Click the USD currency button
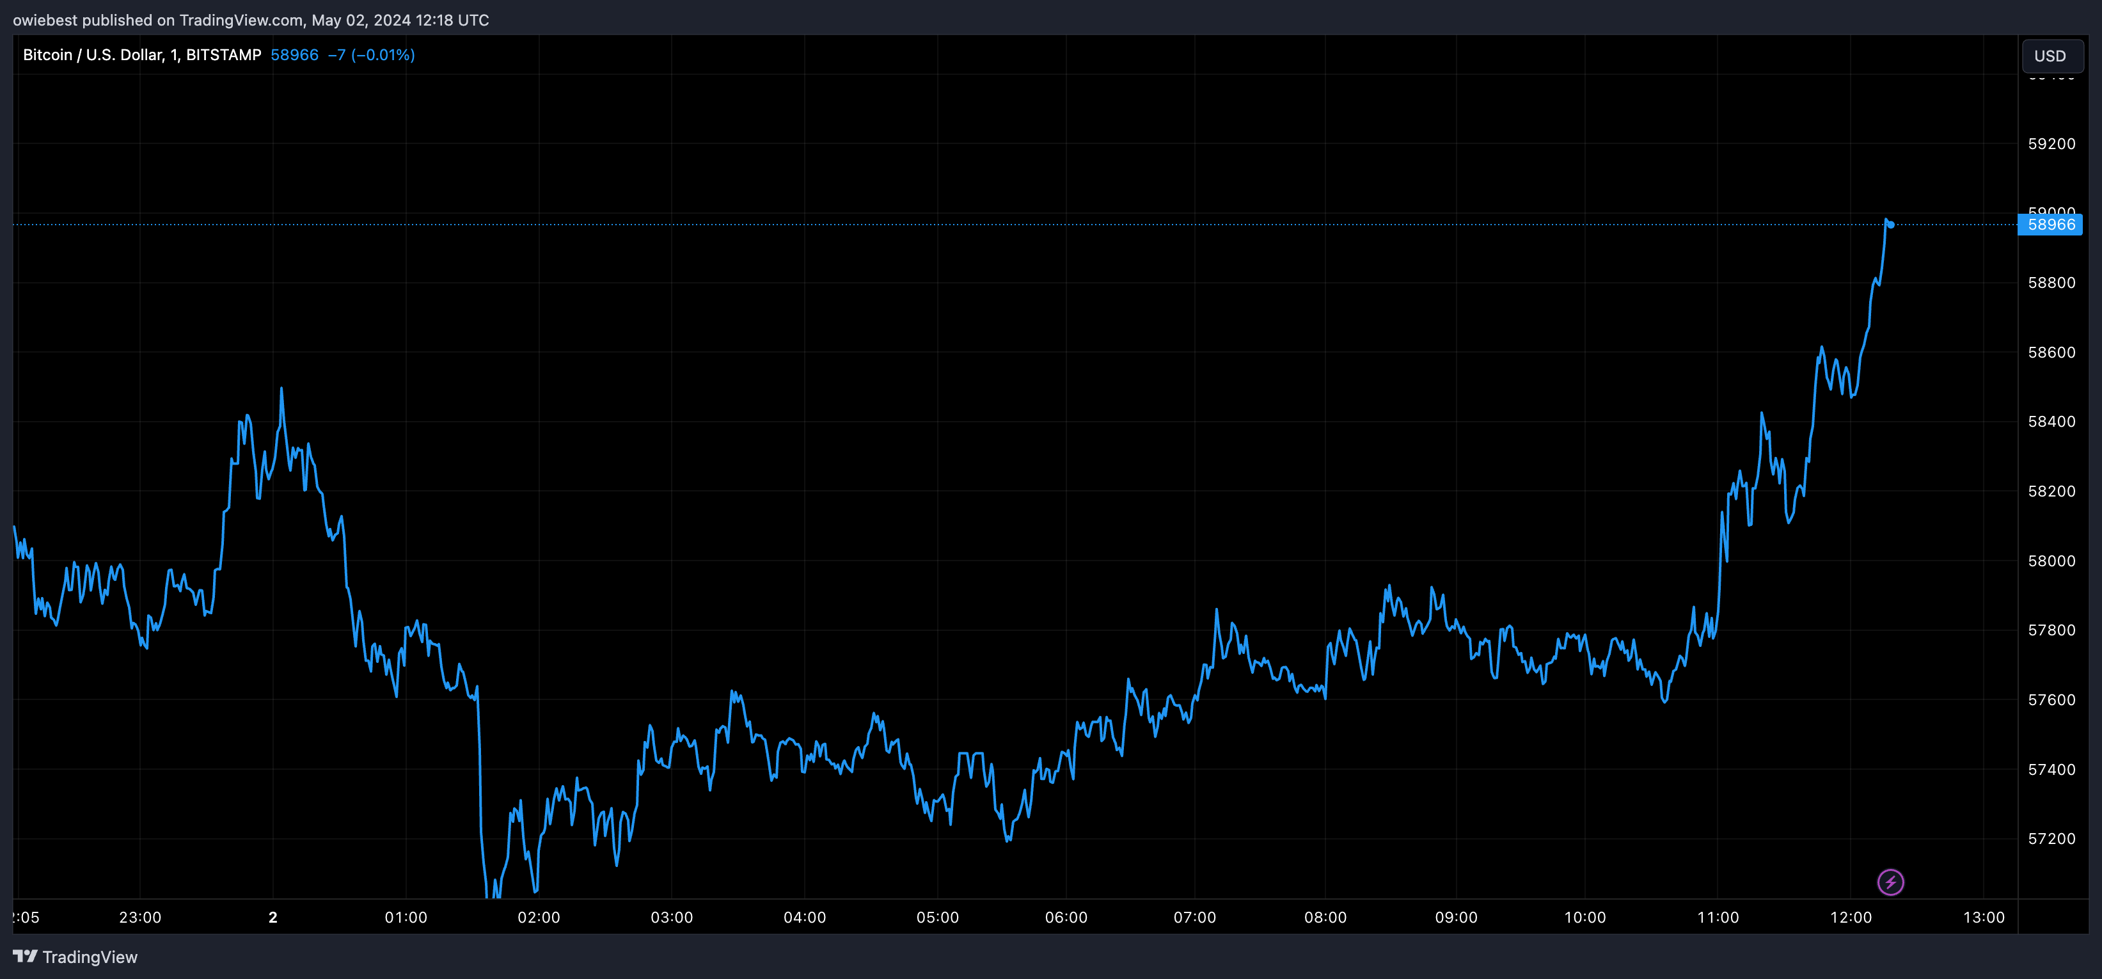2051,56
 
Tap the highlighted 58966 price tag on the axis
2051,225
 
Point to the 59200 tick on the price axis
2051,144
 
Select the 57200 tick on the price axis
2051,839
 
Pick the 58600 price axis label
2051,353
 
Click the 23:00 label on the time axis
140,917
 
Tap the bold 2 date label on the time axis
273,917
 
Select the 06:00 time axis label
1066,917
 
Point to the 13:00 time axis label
1983,917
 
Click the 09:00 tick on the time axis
1456,917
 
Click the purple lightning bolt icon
1890,882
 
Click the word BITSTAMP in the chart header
224,54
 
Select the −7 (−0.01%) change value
371,54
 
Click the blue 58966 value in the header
294,54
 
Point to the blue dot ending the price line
1891,225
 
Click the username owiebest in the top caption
45,20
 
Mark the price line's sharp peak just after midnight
281,390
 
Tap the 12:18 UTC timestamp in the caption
452,20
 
